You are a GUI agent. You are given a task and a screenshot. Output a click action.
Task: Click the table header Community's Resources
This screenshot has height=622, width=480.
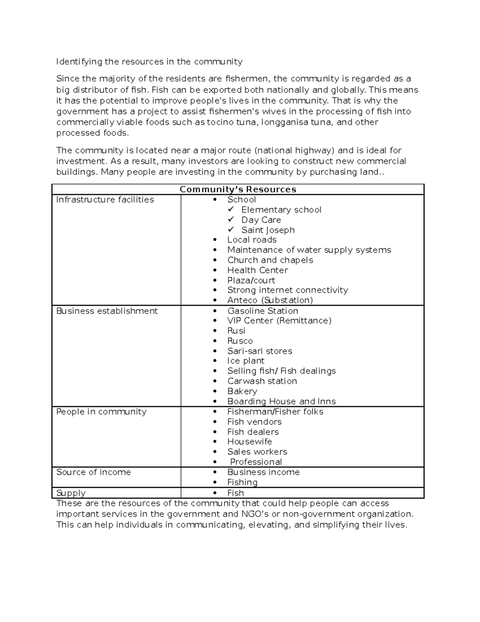pos(238,189)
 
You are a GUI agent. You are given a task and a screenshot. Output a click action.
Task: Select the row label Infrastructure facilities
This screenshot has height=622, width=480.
pos(105,199)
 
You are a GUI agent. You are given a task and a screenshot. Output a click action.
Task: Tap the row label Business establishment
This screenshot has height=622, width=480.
pos(107,311)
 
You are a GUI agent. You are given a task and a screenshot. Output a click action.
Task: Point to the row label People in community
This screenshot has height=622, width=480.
pos(101,412)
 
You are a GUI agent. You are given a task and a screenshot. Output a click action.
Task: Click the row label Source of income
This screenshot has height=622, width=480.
pos(94,472)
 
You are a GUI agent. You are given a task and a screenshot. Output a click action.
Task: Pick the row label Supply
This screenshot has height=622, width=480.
pos(71,493)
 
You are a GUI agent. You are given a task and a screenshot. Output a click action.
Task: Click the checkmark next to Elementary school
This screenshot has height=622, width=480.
pos(231,209)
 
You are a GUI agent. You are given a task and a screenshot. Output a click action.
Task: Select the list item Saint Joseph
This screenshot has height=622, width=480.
pos(268,230)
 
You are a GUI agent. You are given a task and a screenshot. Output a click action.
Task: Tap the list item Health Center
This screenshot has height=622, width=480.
pos(257,270)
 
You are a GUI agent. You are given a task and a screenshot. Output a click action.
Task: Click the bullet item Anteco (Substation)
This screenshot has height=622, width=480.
pos(270,300)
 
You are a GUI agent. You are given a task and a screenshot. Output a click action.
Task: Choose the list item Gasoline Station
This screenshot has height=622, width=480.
pos(262,311)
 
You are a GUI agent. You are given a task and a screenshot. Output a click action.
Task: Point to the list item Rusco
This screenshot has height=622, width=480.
pos(240,341)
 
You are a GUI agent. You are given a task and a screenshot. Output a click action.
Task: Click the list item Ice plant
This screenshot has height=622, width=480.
pos(246,361)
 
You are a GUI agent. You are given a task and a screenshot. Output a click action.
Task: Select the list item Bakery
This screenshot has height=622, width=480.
pos(242,391)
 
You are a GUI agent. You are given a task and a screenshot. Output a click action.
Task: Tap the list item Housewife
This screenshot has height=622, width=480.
pos(250,441)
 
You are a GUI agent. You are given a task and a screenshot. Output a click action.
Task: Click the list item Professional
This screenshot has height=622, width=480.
pos(256,462)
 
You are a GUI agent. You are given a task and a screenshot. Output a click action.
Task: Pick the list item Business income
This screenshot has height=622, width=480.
pos(263,472)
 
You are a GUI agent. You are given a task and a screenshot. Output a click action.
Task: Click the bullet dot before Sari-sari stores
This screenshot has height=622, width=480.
pos(216,351)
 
